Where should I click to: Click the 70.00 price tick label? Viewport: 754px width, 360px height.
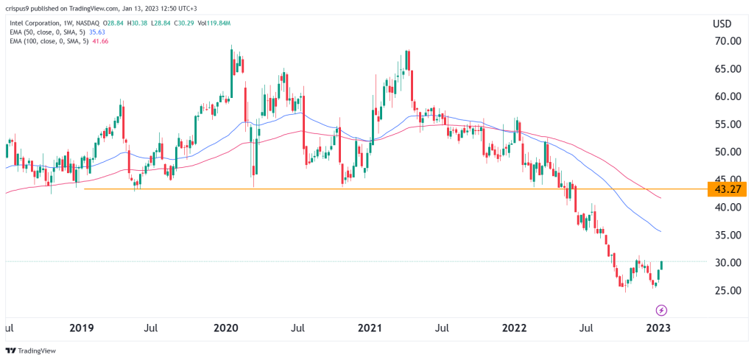pyautogui.click(x=725, y=41)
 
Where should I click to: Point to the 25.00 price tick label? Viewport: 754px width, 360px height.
pyautogui.click(x=725, y=291)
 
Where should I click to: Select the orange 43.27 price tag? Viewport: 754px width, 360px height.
pyautogui.click(x=726, y=189)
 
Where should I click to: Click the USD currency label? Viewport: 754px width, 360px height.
pyautogui.click(x=722, y=24)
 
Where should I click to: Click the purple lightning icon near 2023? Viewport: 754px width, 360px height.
pyautogui.click(x=661, y=310)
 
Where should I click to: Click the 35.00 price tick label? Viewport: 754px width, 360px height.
pyautogui.click(x=725, y=236)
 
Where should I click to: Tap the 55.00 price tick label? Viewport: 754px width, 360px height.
pyautogui.click(x=725, y=124)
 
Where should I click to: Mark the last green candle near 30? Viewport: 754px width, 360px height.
pyautogui.click(x=660, y=266)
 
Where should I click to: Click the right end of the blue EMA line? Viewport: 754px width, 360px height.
pyautogui.click(x=660, y=232)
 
